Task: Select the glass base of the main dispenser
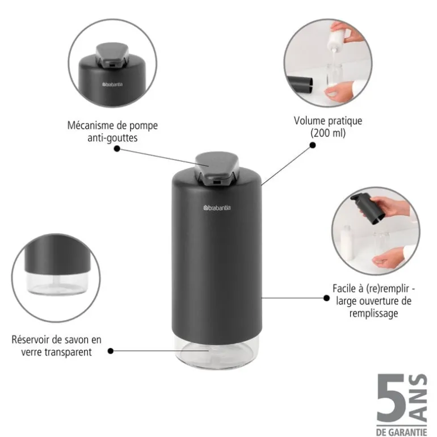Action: [x=216, y=352]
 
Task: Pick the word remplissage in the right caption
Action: [x=373, y=313]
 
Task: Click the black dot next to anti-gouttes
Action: [x=116, y=149]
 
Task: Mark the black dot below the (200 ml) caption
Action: [x=312, y=145]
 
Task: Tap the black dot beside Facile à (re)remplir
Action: [x=327, y=297]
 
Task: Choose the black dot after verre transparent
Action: [x=110, y=351]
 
